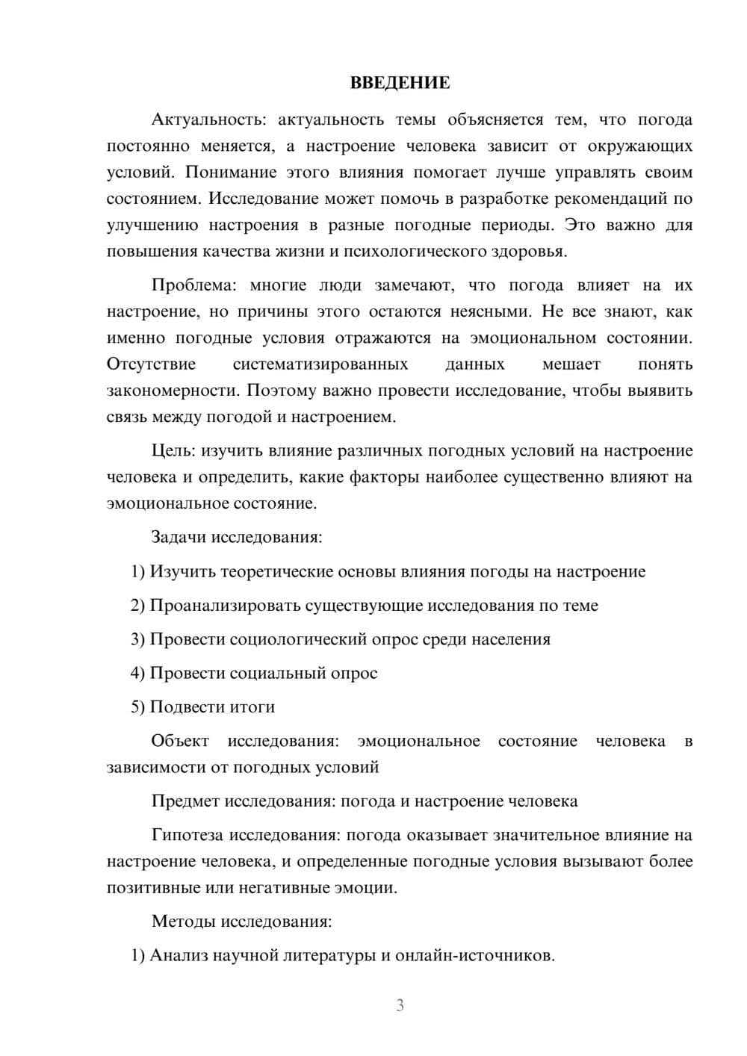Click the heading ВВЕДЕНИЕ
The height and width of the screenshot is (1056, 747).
[x=400, y=83]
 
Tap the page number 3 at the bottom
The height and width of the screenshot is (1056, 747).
[x=400, y=1005]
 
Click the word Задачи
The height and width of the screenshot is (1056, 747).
[x=179, y=537]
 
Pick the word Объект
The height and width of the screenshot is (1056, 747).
[x=180, y=741]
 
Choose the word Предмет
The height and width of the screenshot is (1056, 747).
[x=186, y=801]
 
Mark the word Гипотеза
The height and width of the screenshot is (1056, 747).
[x=187, y=835]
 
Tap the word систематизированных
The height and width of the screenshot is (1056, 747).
[x=320, y=364]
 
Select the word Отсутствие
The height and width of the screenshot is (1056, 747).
[x=151, y=364]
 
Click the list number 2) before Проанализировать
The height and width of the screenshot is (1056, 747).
[x=137, y=606]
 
